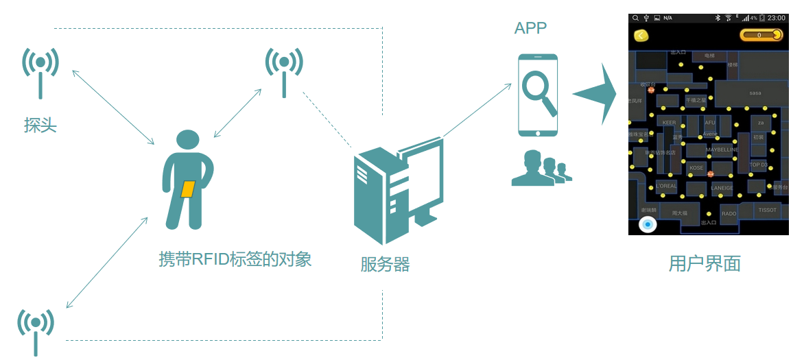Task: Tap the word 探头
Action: (x=40, y=125)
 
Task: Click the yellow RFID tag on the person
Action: (x=187, y=189)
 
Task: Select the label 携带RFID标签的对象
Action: (x=235, y=259)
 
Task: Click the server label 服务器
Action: (x=385, y=264)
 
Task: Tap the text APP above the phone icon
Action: (x=531, y=28)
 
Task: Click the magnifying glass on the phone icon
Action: (x=539, y=92)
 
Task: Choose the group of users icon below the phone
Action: (x=541, y=169)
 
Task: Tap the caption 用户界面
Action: (x=705, y=264)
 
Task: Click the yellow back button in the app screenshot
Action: (x=641, y=36)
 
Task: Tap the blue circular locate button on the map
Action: (x=648, y=224)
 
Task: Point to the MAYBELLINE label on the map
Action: (x=722, y=149)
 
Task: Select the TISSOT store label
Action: (x=767, y=210)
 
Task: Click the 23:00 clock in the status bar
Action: (x=777, y=18)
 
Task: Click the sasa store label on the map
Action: (x=755, y=93)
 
